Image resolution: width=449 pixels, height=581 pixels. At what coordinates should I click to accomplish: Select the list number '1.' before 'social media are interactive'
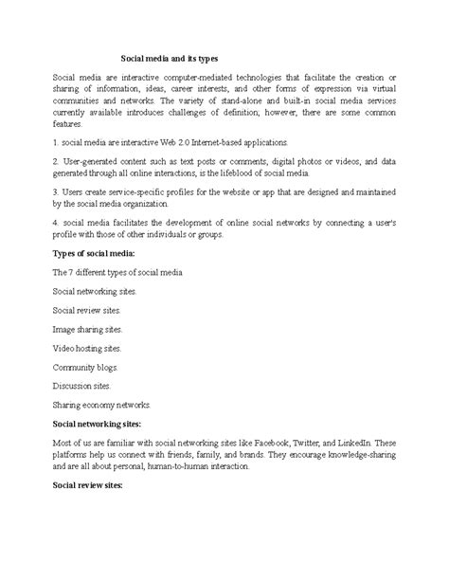click(x=56, y=140)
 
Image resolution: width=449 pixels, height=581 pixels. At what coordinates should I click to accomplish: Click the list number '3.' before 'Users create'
click(x=56, y=191)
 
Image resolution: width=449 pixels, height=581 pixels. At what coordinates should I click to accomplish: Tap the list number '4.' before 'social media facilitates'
click(x=56, y=220)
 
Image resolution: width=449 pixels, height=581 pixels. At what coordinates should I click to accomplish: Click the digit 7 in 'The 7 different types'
click(x=72, y=272)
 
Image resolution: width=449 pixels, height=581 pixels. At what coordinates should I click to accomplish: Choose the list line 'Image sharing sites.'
click(x=87, y=329)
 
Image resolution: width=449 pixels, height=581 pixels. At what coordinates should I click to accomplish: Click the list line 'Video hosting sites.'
click(x=87, y=348)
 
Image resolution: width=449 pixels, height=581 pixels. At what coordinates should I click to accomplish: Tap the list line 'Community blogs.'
click(x=83, y=367)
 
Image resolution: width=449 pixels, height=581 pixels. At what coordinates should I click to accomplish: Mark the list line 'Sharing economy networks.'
click(x=101, y=404)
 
